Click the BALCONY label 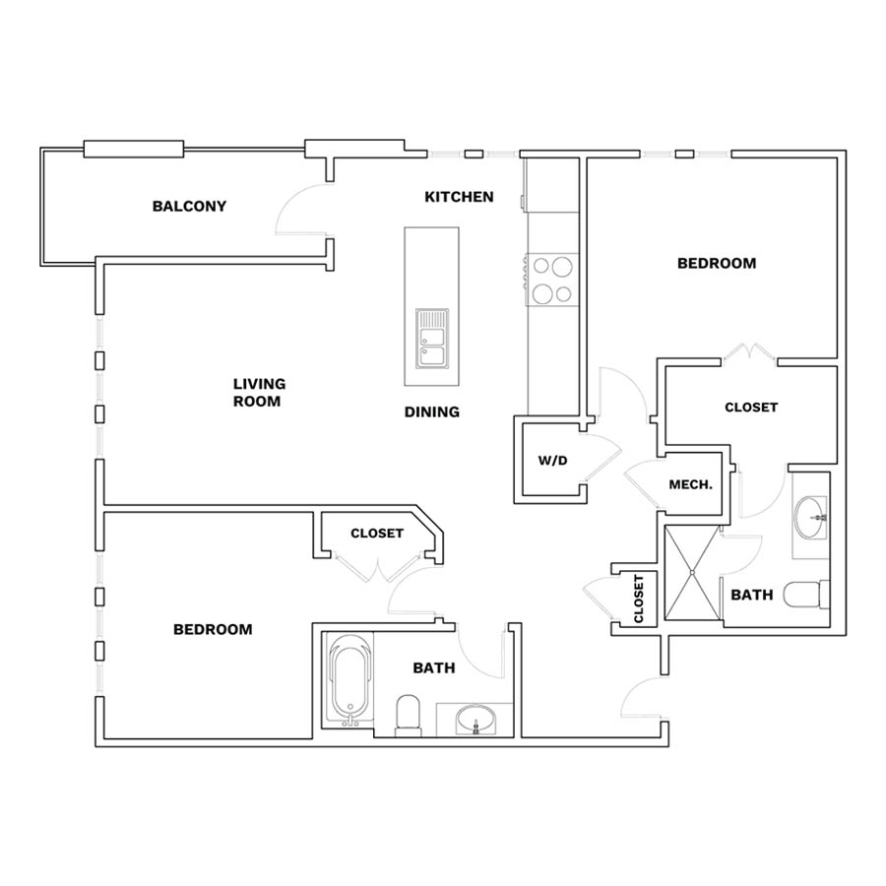(189, 207)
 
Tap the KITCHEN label (459, 197)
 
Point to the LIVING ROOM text (259, 393)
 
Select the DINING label (432, 411)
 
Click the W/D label (552, 461)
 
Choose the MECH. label (690, 484)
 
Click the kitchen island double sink (432, 339)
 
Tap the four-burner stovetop (552, 280)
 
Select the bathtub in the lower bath (350, 679)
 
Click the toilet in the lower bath (408, 716)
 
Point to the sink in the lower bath (476, 719)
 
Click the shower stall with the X (692, 572)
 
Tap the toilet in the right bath (807, 595)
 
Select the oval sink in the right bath (811, 516)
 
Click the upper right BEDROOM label (717, 263)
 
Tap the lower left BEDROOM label (213, 629)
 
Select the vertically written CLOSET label (639, 599)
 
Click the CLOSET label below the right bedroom (751, 408)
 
